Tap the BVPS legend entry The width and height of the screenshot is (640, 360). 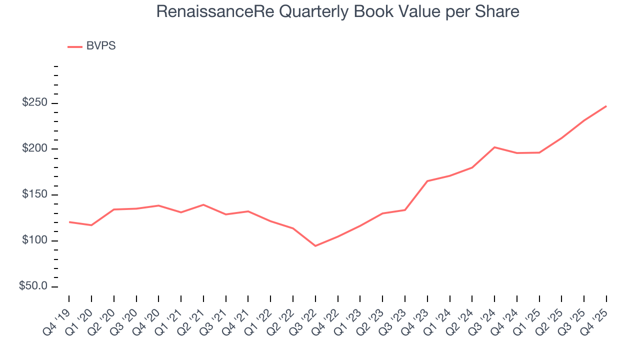(100, 46)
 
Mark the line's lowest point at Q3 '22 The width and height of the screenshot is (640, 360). (315, 246)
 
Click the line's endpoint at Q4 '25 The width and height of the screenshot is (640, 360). (606, 106)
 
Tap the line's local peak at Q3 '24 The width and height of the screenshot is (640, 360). (494, 147)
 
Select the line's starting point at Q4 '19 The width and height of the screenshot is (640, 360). (69, 222)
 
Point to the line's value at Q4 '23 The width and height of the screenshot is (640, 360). (427, 181)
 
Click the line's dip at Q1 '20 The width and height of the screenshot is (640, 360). (91, 225)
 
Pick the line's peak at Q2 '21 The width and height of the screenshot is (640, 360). (203, 204)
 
